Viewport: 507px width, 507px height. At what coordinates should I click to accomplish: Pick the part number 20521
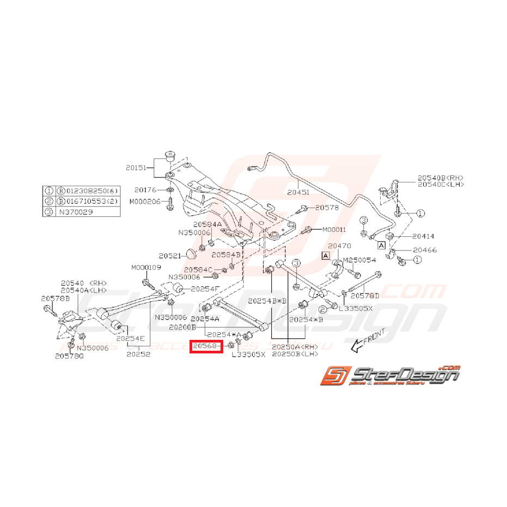pyautogui.click(x=169, y=255)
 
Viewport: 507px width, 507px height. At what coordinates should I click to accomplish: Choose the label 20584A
pyautogui.click(x=207, y=224)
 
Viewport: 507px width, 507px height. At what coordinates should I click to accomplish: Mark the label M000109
pyautogui.click(x=146, y=268)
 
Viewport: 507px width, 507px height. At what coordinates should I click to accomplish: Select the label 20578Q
pyautogui.click(x=70, y=356)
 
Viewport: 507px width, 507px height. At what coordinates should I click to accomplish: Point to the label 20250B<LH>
pyautogui.click(x=295, y=354)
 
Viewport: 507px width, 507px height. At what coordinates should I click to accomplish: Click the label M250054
pyautogui.click(x=359, y=261)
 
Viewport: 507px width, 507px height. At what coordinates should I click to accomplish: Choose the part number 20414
pyautogui.click(x=423, y=236)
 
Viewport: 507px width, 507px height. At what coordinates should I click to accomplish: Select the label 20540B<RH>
pyautogui.click(x=441, y=178)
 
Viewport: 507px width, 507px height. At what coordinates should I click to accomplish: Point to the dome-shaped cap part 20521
pyautogui.click(x=191, y=254)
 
